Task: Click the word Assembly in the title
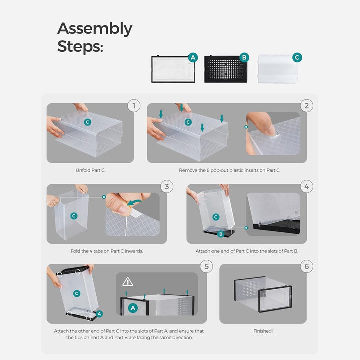coord(95,29)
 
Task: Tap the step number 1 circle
coord(134,106)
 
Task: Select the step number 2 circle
coord(307,106)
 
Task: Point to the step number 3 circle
coord(167,186)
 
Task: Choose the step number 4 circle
coord(307,186)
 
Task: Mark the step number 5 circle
coord(206,266)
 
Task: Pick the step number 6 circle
coord(307,266)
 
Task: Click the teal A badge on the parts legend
coord(193,57)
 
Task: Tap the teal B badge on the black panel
coord(244,57)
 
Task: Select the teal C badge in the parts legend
coord(297,57)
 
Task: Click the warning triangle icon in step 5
coord(128,282)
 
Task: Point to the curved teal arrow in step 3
coord(134,202)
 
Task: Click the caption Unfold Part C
coord(90,170)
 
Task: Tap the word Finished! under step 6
coord(263,331)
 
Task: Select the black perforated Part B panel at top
coord(226,69)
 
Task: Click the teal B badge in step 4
coord(221,234)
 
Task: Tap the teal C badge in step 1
coord(87,122)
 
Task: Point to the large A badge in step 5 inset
coord(133,308)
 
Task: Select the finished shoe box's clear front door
coord(275,299)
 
